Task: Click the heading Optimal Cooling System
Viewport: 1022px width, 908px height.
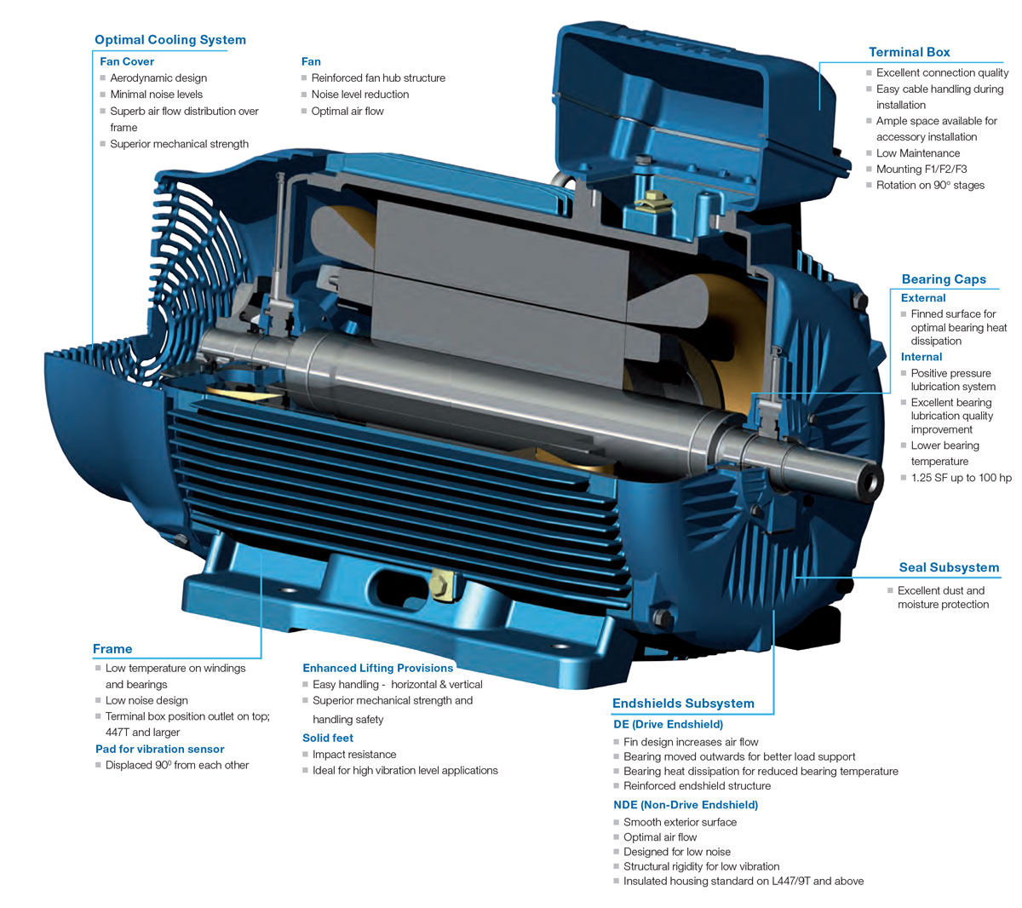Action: point(169,39)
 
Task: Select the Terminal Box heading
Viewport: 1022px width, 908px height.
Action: point(909,52)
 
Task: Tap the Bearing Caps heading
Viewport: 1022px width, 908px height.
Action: point(943,279)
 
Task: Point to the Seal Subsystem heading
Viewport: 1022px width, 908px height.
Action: point(949,567)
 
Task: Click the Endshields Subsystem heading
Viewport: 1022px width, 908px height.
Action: point(683,704)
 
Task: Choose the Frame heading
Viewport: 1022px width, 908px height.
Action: point(112,649)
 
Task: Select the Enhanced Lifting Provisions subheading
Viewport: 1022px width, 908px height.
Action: point(377,668)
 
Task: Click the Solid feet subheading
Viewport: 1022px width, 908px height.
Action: point(327,738)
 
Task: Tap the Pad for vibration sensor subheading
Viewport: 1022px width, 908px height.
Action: point(159,749)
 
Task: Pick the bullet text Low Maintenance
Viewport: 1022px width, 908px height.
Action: point(917,153)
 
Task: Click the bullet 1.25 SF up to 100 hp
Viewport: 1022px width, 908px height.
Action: point(961,478)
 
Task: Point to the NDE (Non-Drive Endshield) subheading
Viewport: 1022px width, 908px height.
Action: point(685,804)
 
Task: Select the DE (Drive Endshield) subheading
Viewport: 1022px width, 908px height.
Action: point(668,724)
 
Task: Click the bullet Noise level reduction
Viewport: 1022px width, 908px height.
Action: point(359,95)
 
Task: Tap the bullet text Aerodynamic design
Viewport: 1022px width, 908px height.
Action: point(158,78)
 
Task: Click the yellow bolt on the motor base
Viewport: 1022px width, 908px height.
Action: point(440,584)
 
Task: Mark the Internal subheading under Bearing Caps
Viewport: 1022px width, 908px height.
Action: point(921,357)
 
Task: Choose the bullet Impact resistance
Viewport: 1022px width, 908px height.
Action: point(353,755)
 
